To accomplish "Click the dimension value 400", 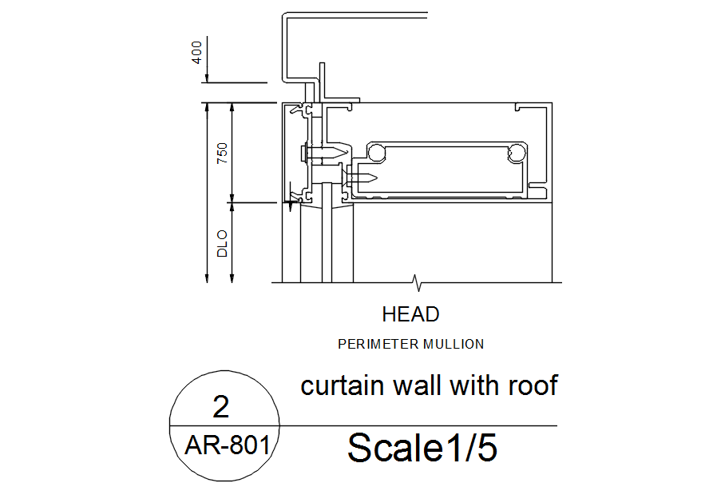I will [x=197, y=54].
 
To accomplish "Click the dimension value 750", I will [x=223, y=153].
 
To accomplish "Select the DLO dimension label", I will [x=223, y=243].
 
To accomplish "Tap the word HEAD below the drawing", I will [x=410, y=314].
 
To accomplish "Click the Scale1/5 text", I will [x=422, y=448].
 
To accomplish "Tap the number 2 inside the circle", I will [x=221, y=408].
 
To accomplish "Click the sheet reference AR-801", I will [x=227, y=445].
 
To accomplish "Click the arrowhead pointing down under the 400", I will [x=207, y=77].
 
